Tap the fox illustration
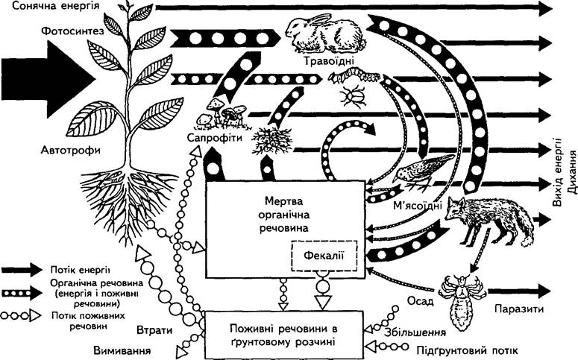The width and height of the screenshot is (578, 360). click(489, 221)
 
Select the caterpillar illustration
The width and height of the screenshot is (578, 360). click(354, 75)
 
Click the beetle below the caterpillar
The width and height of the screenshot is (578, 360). click(354, 97)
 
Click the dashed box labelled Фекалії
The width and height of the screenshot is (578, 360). click(324, 256)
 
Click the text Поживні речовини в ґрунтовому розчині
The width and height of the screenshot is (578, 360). click(283, 335)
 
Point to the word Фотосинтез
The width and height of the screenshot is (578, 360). click(72, 31)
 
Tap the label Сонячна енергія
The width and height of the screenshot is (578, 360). click(56, 6)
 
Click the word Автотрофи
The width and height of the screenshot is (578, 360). click(70, 151)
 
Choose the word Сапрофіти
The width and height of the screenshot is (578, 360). click(215, 138)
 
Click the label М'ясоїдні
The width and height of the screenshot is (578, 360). click(418, 205)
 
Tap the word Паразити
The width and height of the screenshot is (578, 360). click(519, 309)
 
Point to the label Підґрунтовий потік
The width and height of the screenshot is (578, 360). click(467, 350)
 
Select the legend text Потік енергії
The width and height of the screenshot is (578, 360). click(81, 270)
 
